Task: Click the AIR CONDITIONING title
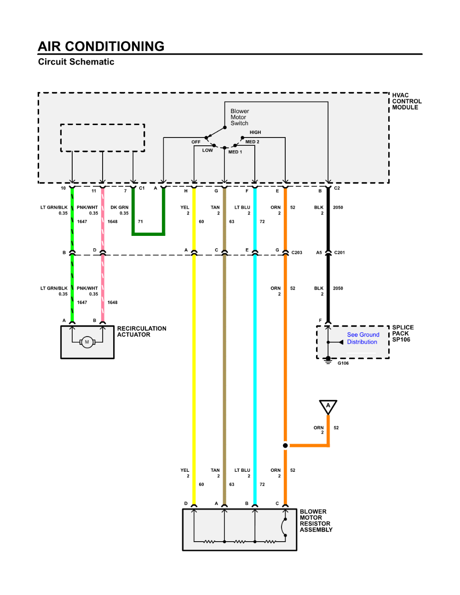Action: pyautogui.click(x=101, y=46)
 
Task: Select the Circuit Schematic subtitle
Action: pyautogui.click(x=76, y=62)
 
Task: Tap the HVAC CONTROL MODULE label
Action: pyautogui.click(x=406, y=101)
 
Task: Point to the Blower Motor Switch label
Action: pyautogui.click(x=240, y=117)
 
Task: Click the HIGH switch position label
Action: pyautogui.click(x=255, y=132)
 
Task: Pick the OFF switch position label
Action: pyautogui.click(x=196, y=142)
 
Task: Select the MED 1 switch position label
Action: pyautogui.click(x=235, y=152)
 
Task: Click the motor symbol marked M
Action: pyautogui.click(x=87, y=342)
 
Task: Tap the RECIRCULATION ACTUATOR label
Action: pyautogui.click(x=141, y=332)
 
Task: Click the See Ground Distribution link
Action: pyautogui.click(x=362, y=338)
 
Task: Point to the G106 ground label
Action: pyautogui.click(x=343, y=363)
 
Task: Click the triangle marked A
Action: pyautogui.click(x=328, y=406)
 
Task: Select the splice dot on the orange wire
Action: pyautogui.click(x=285, y=445)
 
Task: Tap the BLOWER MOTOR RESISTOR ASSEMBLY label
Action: pyautogui.click(x=316, y=521)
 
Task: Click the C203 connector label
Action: pyautogui.click(x=297, y=252)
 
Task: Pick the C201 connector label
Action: pyautogui.click(x=339, y=252)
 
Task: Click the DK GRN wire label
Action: pyautogui.click(x=119, y=207)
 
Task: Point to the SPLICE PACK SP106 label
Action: pyautogui.click(x=402, y=333)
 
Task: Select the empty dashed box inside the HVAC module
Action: pyautogui.click(x=103, y=137)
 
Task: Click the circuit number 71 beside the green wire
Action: pyautogui.click(x=140, y=222)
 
